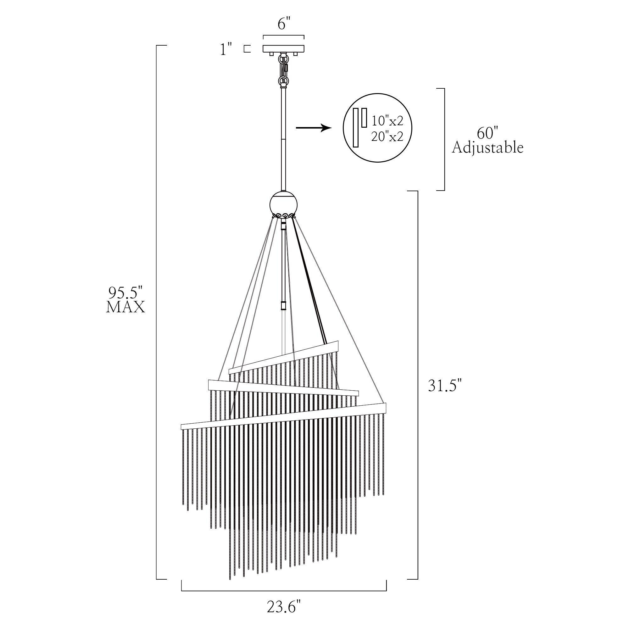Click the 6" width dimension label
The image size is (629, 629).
click(284, 24)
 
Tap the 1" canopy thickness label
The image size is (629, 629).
click(226, 49)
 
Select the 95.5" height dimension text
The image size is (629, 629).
click(126, 293)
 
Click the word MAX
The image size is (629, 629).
click(125, 307)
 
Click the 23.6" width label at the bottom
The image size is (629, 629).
click(284, 607)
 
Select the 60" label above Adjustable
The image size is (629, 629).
click(488, 133)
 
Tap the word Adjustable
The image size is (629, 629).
click(488, 148)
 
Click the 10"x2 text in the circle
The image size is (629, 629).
click(387, 121)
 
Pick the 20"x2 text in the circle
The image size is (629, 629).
click(387, 137)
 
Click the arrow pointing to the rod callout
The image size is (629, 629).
click(314, 128)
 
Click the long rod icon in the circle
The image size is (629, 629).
click(356, 128)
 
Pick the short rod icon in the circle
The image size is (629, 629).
click(364, 118)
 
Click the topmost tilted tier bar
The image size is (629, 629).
click(284, 357)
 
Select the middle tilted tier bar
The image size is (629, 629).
click(283, 388)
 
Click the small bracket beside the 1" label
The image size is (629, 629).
click(248, 49)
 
